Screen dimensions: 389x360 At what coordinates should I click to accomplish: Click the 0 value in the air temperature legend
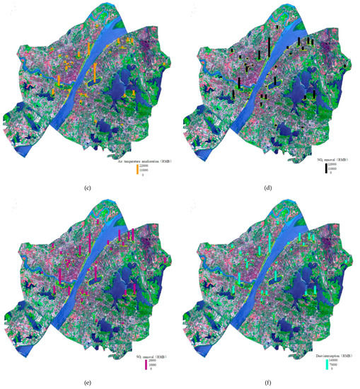point(143,175)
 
